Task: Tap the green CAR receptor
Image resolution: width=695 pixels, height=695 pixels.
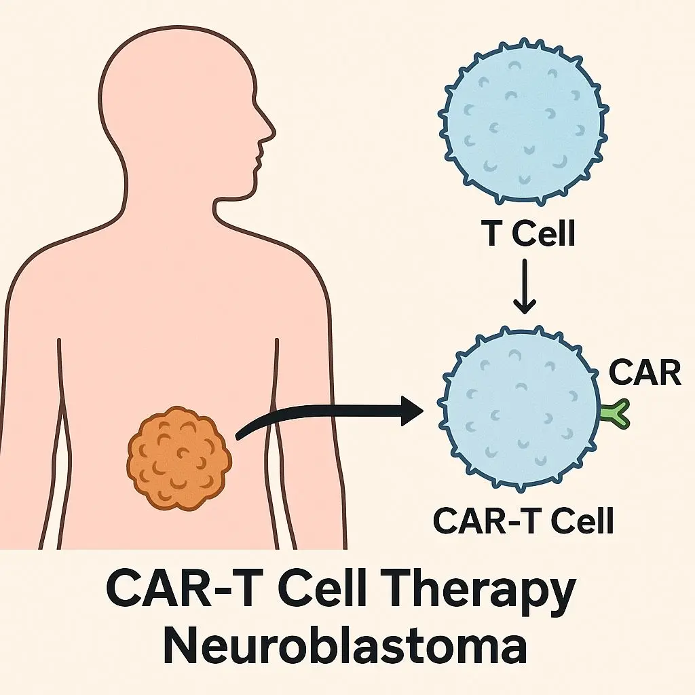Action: [616, 415]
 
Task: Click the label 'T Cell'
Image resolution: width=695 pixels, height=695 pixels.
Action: [527, 234]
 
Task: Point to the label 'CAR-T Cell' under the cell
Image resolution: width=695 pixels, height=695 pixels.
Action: [523, 521]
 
